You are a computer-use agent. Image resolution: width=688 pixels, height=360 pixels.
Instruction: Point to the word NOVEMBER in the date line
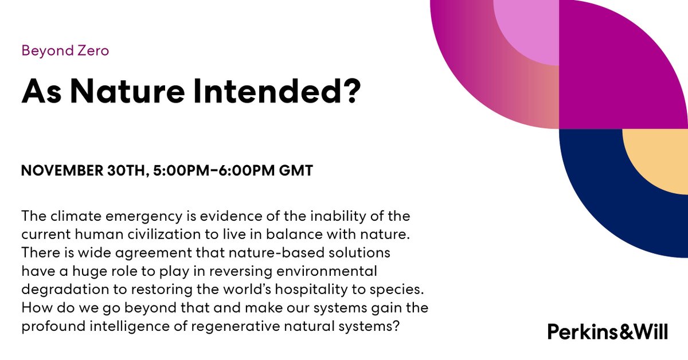point(59,171)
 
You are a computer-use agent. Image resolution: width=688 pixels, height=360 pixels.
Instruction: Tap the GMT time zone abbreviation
point(294,171)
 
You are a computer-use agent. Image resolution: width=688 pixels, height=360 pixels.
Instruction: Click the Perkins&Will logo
point(607,331)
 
